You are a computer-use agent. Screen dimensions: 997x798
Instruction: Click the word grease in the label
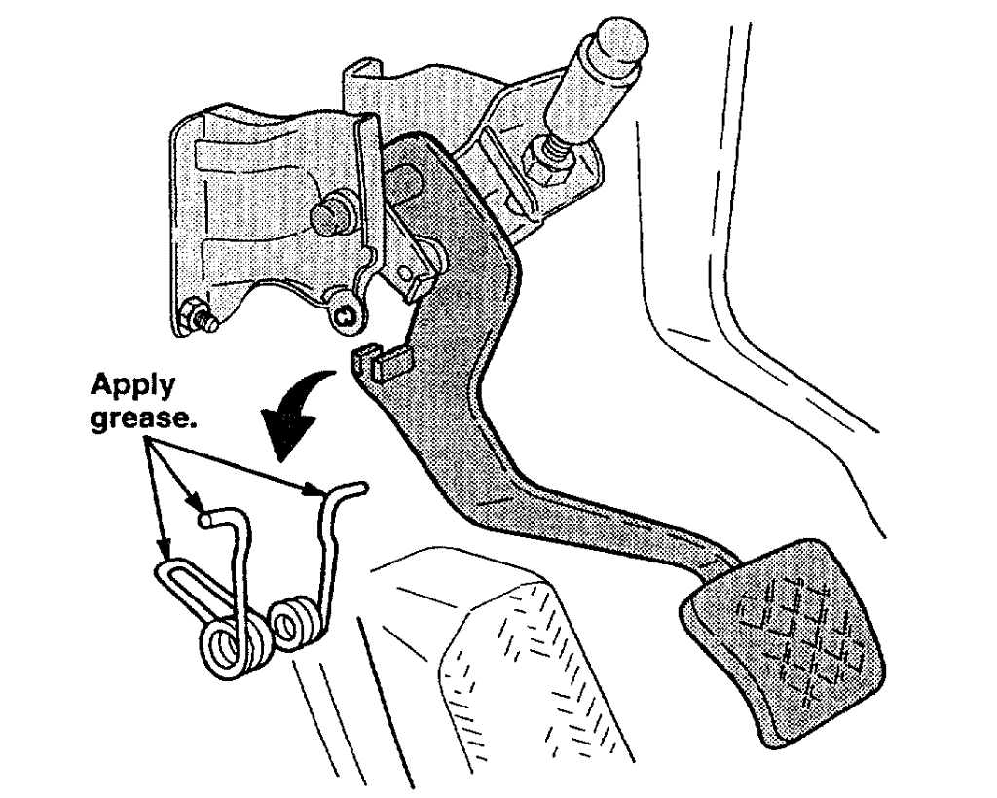click(x=135, y=423)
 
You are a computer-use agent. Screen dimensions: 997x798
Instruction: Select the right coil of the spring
click(x=296, y=624)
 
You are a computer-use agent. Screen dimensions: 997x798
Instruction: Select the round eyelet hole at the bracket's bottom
click(x=344, y=314)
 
